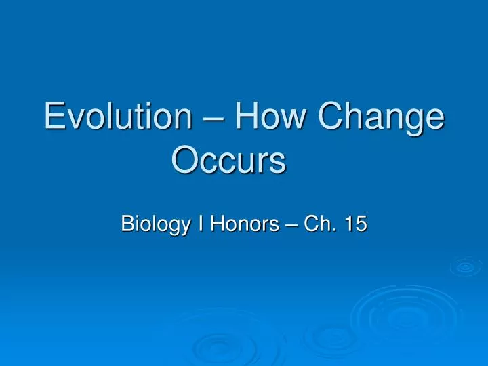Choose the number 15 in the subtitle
(354, 223)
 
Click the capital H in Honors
(215, 223)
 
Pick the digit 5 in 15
(361, 223)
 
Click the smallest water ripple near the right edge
(465, 267)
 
